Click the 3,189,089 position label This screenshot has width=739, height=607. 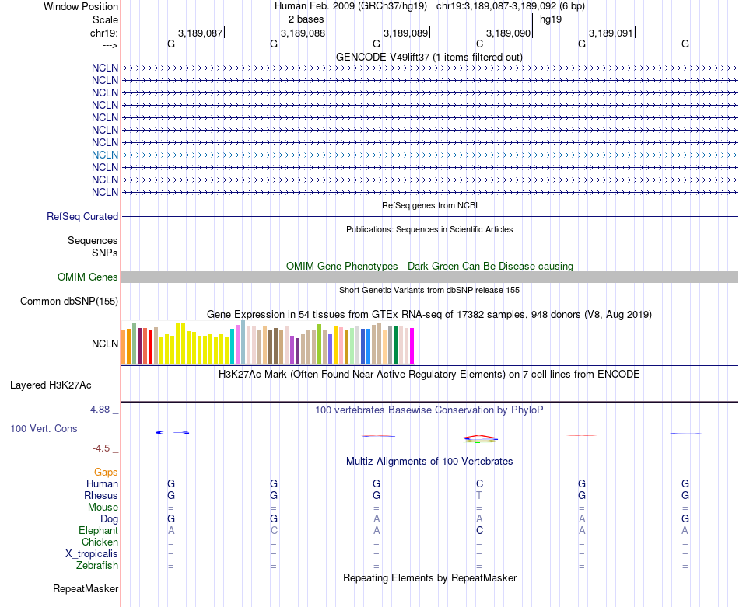tap(405, 33)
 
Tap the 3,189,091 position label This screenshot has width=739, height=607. tap(611, 33)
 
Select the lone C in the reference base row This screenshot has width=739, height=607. tap(479, 44)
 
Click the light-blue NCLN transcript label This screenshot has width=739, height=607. tap(105, 155)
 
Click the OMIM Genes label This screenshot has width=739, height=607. tap(88, 277)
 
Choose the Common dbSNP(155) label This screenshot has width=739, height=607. tap(69, 302)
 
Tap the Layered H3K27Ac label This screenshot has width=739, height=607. tap(51, 385)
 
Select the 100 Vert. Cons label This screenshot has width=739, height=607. tap(44, 429)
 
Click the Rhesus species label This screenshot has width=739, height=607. tap(101, 495)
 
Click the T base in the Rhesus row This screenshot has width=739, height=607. tap(479, 495)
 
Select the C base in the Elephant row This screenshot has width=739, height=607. tap(479, 530)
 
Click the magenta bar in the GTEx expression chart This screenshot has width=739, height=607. tap(412, 345)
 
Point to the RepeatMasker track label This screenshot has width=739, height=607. tap(86, 589)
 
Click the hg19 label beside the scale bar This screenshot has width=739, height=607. tap(550, 19)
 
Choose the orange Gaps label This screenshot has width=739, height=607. tap(106, 472)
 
